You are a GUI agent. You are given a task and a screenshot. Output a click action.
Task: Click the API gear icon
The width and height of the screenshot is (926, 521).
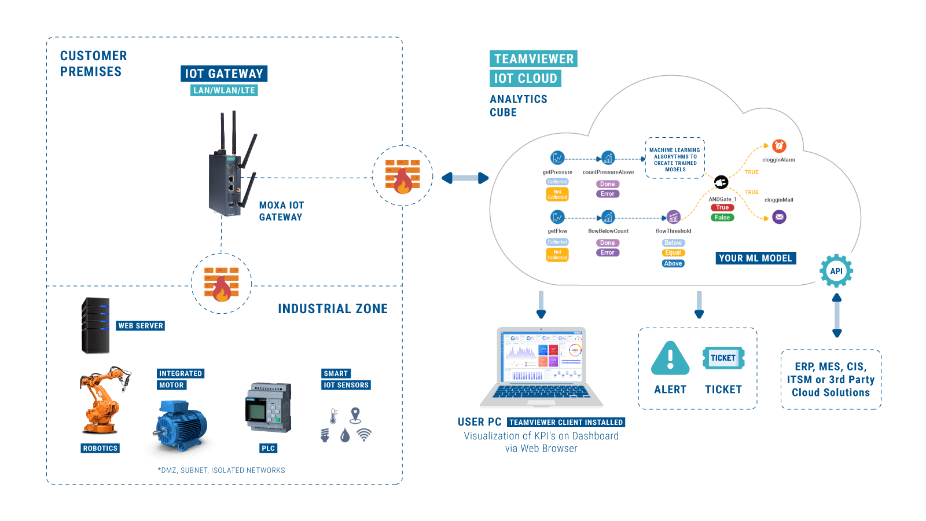click(x=836, y=270)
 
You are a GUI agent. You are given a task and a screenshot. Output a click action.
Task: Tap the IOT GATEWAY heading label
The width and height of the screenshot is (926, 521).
click(x=223, y=74)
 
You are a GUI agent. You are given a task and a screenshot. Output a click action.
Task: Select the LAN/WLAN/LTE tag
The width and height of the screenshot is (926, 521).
click(x=224, y=90)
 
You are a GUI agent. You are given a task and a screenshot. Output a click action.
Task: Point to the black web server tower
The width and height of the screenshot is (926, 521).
click(x=95, y=325)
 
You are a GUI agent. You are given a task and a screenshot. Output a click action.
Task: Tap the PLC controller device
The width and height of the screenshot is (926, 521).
click(x=269, y=407)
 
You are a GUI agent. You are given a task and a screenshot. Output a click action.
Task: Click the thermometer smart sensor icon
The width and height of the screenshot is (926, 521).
click(x=333, y=416)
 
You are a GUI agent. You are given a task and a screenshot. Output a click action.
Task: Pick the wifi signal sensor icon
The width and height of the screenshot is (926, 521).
click(x=364, y=435)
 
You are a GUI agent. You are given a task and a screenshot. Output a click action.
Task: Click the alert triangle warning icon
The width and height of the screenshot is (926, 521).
click(x=670, y=359)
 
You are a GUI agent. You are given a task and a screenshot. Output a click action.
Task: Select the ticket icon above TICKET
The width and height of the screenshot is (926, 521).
click(x=723, y=358)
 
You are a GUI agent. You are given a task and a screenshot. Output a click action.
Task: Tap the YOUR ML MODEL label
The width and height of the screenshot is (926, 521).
click(x=755, y=258)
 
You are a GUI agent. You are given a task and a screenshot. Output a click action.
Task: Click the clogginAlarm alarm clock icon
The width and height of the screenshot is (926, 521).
click(x=779, y=146)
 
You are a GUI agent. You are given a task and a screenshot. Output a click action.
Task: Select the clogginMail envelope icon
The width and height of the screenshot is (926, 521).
click(x=780, y=217)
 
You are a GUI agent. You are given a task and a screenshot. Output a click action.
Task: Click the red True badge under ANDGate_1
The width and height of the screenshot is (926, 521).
click(x=722, y=207)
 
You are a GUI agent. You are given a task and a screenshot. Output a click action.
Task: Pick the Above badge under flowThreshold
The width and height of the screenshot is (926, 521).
click(x=673, y=263)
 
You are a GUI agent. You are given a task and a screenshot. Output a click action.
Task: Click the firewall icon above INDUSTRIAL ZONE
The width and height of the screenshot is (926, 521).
click(x=222, y=284)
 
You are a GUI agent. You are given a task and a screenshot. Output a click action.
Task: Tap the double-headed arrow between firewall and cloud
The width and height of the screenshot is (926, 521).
click(x=465, y=178)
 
